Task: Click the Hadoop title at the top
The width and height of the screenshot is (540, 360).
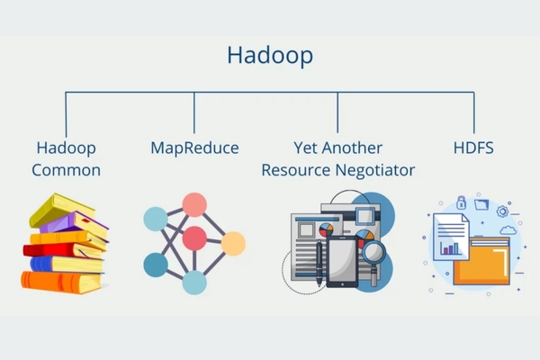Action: [269, 56]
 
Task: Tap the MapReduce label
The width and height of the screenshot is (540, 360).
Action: [194, 148]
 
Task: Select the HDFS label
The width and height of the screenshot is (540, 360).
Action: [474, 148]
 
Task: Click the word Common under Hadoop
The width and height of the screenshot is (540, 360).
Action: [66, 169]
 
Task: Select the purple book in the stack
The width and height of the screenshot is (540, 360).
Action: [76, 224]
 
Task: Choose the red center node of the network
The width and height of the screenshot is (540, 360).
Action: [194, 238]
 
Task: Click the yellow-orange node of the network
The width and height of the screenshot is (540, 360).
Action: [233, 243]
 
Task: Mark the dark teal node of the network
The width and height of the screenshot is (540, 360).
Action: [156, 265]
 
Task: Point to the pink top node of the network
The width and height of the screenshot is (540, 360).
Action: [194, 204]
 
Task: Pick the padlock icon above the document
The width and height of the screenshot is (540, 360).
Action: [461, 202]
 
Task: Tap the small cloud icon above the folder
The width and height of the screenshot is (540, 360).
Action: [510, 230]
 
